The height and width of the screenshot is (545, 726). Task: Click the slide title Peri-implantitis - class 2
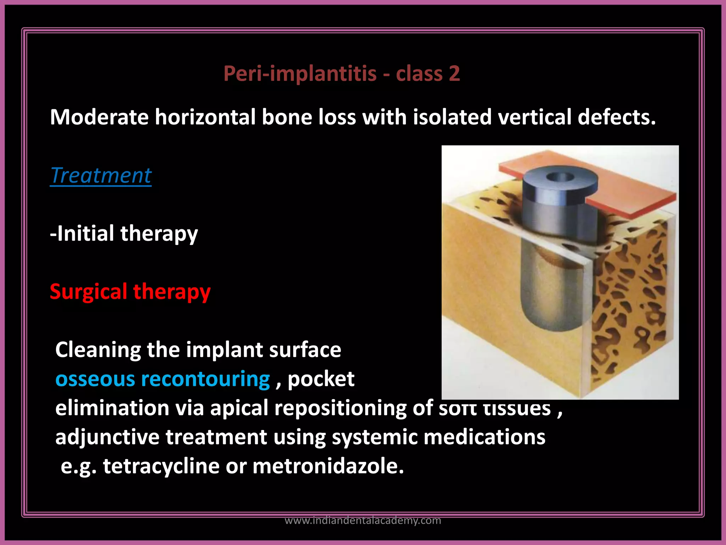[x=341, y=74]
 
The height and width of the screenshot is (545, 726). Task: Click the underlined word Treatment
[x=101, y=175]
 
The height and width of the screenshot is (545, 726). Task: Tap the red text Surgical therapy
[x=130, y=292]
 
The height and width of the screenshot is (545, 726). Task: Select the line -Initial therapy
[x=124, y=233]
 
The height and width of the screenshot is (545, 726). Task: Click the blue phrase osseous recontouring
[x=163, y=379]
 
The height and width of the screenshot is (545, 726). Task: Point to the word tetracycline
[x=161, y=466]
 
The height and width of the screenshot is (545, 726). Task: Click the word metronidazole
[x=328, y=466]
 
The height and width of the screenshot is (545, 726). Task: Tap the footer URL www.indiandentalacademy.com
[x=363, y=521]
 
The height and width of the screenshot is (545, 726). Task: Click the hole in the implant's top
[x=560, y=177]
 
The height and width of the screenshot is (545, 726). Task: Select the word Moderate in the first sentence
[x=99, y=117]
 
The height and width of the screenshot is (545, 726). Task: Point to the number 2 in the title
[x=454, y=74]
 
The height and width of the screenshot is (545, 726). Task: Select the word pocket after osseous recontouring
[x=321, y=379]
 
